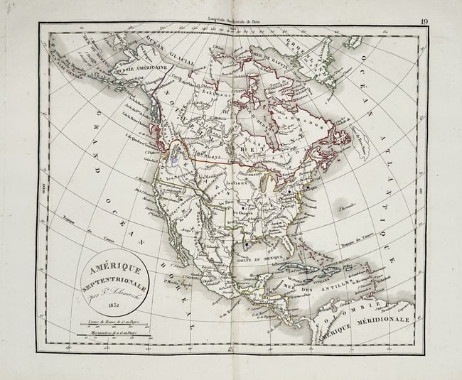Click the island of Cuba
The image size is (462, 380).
coord(303,269)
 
